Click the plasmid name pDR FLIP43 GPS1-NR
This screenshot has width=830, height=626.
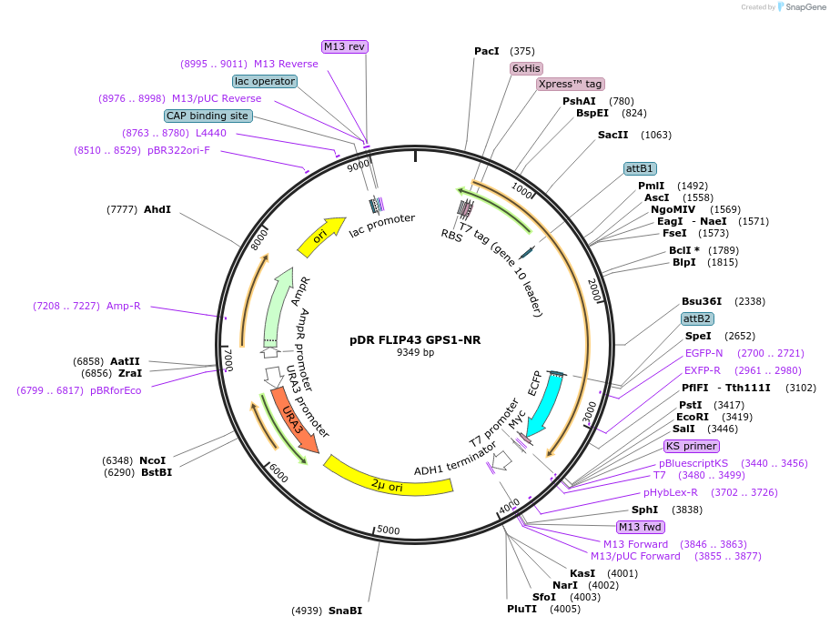click(x=415, y=340)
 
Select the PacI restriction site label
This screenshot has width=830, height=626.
click(x=487, y=51)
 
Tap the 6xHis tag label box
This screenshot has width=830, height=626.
click(x=526, y=68)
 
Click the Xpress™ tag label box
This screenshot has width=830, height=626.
click(x=571, y=84)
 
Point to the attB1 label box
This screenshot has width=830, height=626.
click(x=640, y=168)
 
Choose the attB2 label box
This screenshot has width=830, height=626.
click(x=698, y=318)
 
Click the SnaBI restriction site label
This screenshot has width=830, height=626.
click(x=345, y=611)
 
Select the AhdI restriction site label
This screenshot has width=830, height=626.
click(x=157, y=209)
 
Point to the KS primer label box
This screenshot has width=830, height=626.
click(x=692, y=446)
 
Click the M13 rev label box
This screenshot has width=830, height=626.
click(x=345, y=46)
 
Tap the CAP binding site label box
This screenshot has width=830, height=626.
click(x=207, y=116)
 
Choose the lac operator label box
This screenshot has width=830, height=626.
click(x=264, y=81)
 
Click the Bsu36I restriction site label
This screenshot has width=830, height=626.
click(x=701, y=301)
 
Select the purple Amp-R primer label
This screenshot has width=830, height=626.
click(x=124, y=306)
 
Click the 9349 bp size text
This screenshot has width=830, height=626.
click(x=415, y=353)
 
